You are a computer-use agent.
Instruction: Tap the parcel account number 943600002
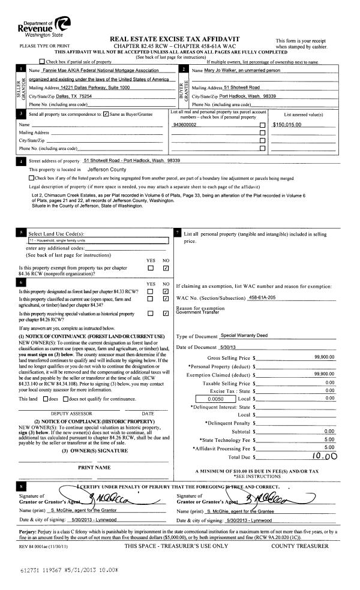pyautogui.click(x=187, y=125)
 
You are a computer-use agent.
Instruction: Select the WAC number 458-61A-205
pyautogui.click(x=265, y=298)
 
